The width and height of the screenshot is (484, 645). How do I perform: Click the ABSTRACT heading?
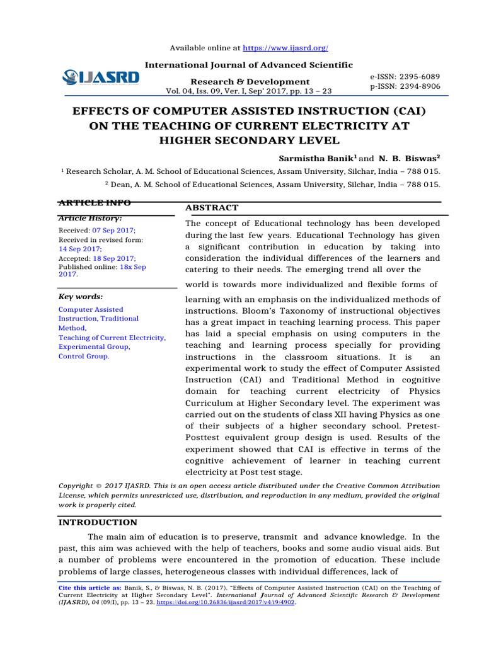point(212,208)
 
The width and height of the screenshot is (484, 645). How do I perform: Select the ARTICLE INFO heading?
point(95,203)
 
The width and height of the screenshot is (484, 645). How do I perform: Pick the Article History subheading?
point(90,218)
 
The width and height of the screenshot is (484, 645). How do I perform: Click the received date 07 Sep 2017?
point(114,231)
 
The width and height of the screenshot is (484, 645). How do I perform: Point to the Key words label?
point(81,297)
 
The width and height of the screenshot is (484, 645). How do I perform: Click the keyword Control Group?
point(83,357)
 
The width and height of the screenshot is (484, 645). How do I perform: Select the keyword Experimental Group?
point(93,347)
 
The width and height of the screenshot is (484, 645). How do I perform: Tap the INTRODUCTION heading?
point(98,522)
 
